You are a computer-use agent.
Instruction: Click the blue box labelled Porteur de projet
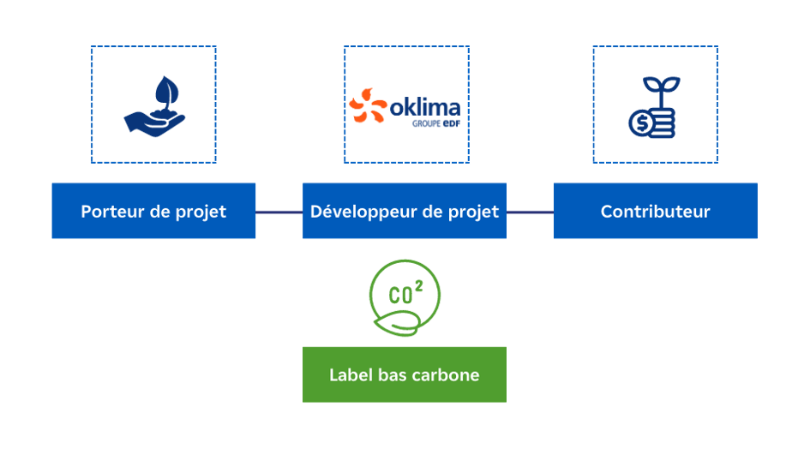point(153,211)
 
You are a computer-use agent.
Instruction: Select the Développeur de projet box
point(405,211)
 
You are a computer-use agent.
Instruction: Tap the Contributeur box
point(655,211)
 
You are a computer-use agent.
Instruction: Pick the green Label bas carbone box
point(405,374)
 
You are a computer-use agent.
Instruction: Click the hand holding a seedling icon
point(154,105)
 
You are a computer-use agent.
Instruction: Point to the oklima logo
point(405,107)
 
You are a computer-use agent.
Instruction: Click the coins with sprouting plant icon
point(655,106)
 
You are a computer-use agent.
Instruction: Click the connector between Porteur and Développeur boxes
point(279,212)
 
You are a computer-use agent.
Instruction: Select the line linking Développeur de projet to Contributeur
point(530,212)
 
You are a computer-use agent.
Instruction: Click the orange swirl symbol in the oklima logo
point(367,108)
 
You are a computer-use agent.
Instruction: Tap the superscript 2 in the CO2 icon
point(419,287)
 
